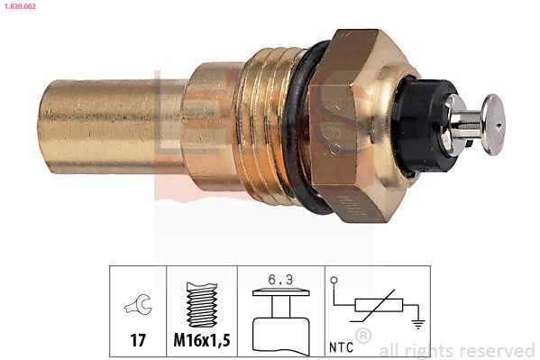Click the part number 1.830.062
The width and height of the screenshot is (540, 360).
click(x=23, y=6)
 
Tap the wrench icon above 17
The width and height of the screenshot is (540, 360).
click(x=138, y=307)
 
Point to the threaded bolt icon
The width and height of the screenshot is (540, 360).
click(x=201, y=304)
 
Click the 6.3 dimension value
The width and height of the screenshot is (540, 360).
click(x=278, y=281)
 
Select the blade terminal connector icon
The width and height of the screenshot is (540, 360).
click(x=278, y=320)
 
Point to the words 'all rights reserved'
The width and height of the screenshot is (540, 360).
click(x=457, y=350)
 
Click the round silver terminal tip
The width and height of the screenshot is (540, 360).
click(x=493, y=123)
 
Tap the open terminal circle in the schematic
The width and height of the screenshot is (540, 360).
click(x=334, y=282)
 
